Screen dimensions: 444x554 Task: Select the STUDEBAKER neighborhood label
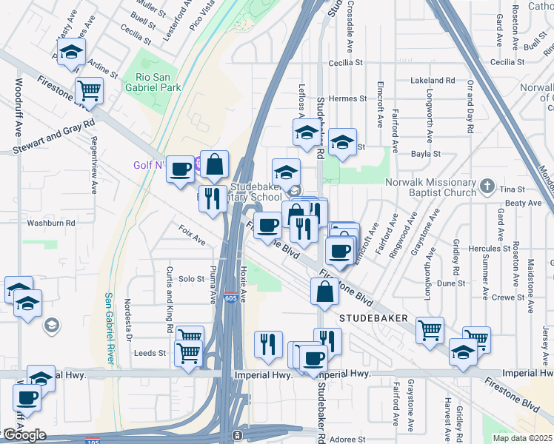(374, 317)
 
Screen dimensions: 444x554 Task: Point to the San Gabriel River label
(108, 328)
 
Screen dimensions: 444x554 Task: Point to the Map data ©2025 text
(522, 438)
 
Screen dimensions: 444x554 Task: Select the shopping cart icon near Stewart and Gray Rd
(89, 91)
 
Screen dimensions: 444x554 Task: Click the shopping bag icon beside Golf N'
(214, 164)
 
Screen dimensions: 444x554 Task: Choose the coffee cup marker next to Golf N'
(180, 170)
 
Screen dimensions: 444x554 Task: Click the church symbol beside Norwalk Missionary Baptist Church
(487, 184)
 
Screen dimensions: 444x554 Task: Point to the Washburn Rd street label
(51, 222)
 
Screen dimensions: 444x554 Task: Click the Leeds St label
(150, 354)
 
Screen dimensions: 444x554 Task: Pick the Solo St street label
(191, 279)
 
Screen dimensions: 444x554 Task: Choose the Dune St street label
(450, 283)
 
